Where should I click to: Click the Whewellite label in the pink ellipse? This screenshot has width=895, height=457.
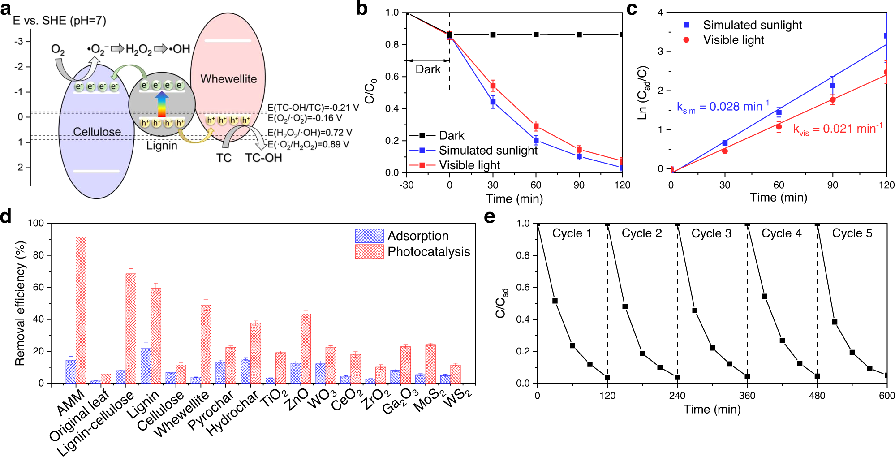(x=228, y=79)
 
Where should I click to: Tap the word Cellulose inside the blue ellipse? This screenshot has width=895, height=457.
(x=97, y=132)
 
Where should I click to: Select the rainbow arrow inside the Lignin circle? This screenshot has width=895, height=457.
(x=162, y=104)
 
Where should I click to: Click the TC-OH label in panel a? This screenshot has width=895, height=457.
(x=263, y=158)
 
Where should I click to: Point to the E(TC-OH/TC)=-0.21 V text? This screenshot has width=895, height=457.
(x=313, y=108)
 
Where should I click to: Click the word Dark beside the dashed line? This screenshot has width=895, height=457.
(x=428, y=69)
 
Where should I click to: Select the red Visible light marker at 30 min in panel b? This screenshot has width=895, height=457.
(x=493, y=86)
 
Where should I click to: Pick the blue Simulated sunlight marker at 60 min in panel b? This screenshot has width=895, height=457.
(x=536, y=140)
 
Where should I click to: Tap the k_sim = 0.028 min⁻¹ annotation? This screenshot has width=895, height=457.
(x=723, y=107)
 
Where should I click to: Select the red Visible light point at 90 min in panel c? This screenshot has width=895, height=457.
(x=832, y=100)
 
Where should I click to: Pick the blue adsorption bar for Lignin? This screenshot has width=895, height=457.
(x=145, y=366)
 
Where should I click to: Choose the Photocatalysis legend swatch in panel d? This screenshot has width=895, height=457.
(x=369, y=251)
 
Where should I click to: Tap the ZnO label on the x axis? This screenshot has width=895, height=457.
(x=297, y=399)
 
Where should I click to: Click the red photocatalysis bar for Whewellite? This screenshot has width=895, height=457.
(x=206, y=344)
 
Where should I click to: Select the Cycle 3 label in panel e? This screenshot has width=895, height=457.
(x=711, y=233)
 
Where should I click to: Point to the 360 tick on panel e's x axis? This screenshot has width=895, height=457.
(x=747, y=396)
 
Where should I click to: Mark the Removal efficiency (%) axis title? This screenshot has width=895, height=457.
(x=20, y=303)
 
